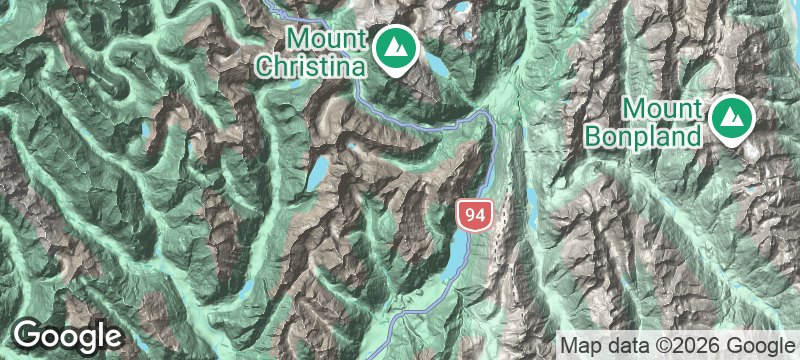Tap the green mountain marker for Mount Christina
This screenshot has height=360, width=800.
click(396, 48)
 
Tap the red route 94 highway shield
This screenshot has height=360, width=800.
click(475, 213)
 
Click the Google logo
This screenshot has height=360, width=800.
click(68, 335)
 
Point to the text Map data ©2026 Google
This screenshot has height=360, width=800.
click(675, 345)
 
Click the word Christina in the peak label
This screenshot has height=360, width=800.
click(314, 66)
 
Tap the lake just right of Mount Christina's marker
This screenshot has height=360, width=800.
click(436, 67)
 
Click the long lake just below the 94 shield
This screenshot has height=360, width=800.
click(459, 255)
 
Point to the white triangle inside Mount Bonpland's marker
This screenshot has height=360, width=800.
click(733, 117)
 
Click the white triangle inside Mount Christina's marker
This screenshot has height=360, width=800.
click(396, 46)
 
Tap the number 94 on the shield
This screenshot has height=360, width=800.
click(475, 213)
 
